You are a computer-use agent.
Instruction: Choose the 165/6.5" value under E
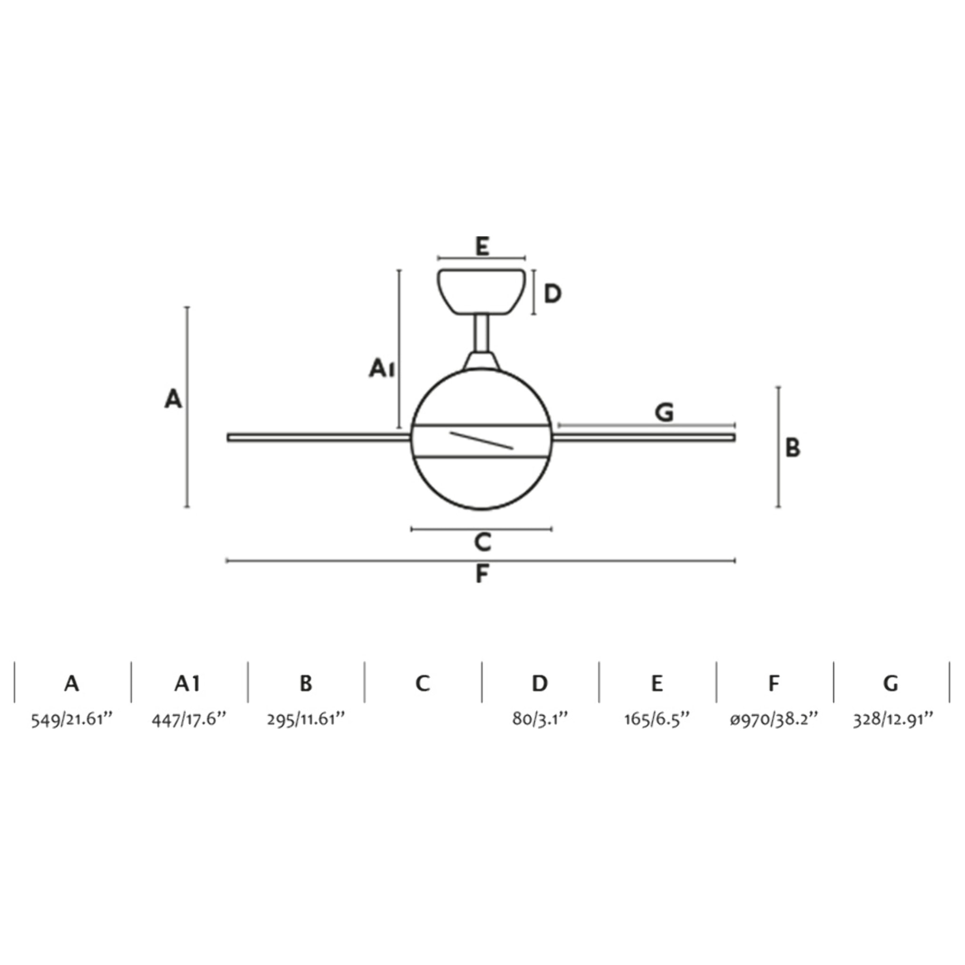(657, 720)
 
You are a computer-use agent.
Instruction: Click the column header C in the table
(423, 683)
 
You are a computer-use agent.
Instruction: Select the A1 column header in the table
(188, 683)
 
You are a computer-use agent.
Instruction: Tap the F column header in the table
(774, 683)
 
